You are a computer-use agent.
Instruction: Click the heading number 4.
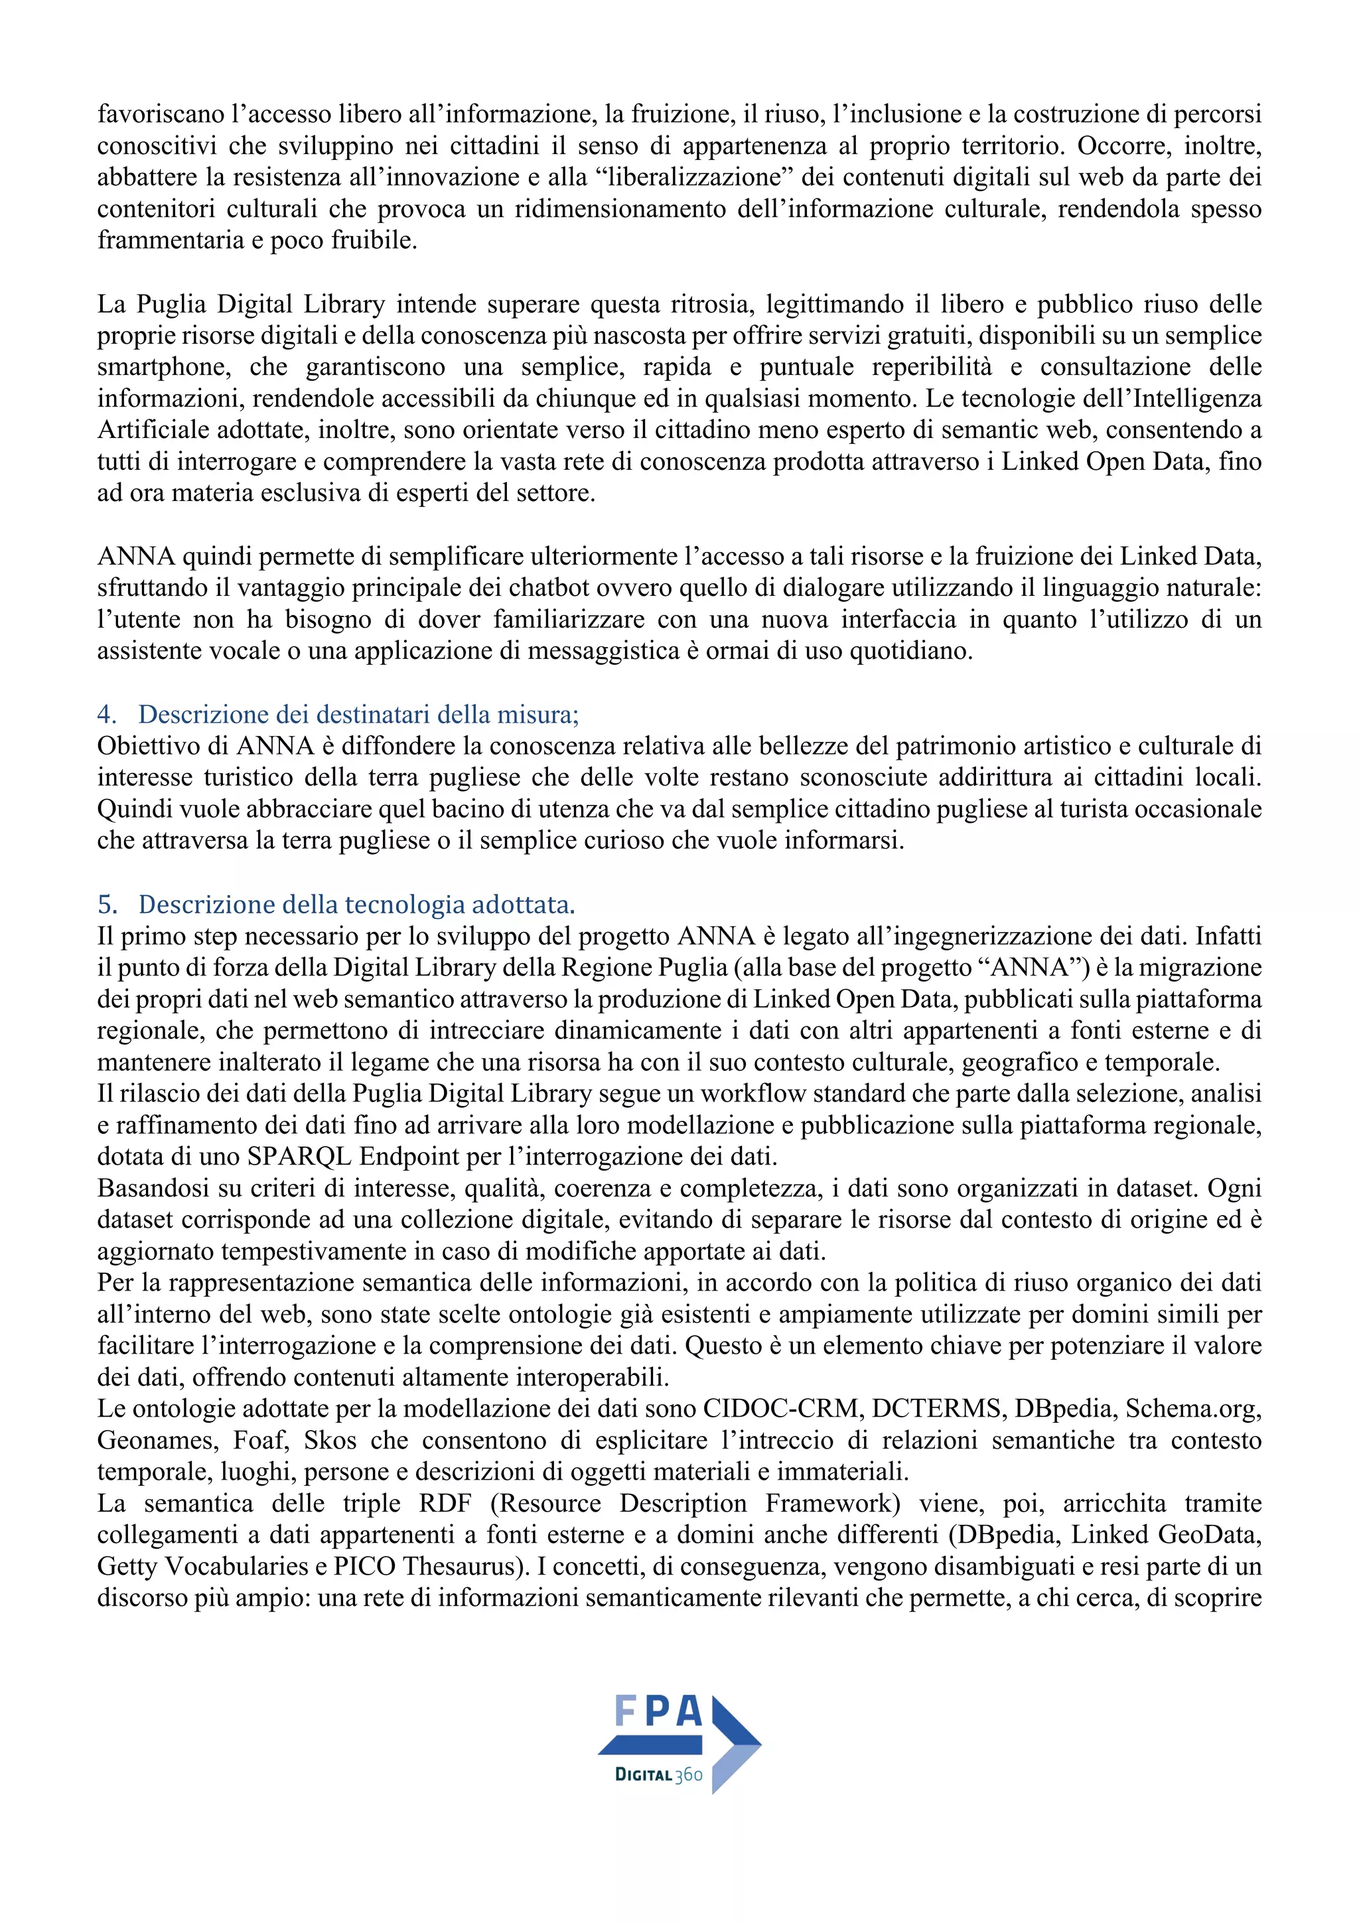pos(106,715)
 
